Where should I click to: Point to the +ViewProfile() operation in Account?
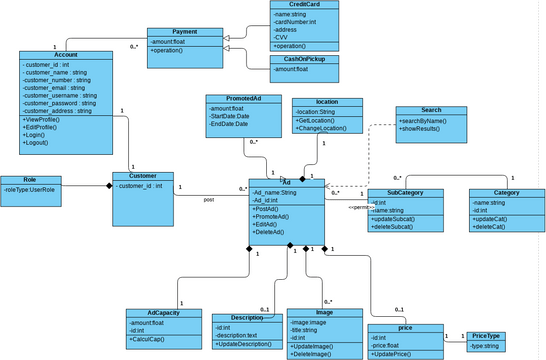[42, 120]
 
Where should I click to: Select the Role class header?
[31, 179]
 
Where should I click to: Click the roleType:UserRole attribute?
[30, 188]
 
